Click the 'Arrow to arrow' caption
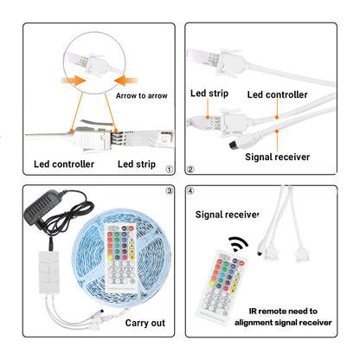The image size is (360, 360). (x=141, y=95)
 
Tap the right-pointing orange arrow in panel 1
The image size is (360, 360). (x=74, y=80)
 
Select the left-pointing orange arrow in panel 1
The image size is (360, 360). (x=126, y=80)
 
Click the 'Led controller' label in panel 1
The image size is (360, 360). (x=64, y=164)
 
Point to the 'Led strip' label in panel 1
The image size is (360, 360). (x=137, y=164)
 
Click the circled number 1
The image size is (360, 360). (x=170, y=170)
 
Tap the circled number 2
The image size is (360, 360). (x=190, y=170)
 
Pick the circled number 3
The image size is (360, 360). (x=170, y=190)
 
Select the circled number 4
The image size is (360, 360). (x=190, y=190)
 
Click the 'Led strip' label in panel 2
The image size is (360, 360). (x=209, y=93)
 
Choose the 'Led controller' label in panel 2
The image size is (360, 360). (x=277, y=94)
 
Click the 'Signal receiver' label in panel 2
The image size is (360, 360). (x=277, y=157)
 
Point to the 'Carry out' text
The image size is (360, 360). (x=145, y=323)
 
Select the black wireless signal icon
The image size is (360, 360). (x=237, y=244)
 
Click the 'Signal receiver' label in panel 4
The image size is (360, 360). (x=227, y=215)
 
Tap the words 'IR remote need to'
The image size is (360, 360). (x=283, y=312)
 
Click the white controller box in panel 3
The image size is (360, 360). (x=49, y=273)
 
